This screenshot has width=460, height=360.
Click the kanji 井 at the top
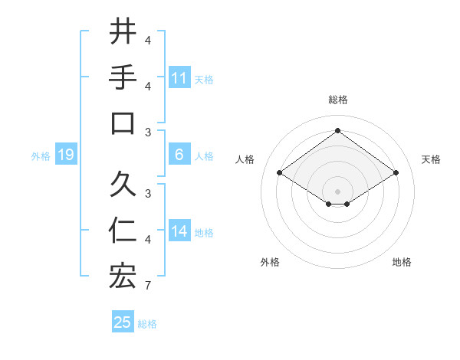pos(122,32)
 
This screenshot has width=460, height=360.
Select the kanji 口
pos(122,123)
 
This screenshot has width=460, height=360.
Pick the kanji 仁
pos(122,231)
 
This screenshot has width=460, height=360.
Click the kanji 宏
pos(122,277)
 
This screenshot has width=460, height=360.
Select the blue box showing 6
pos(179,155)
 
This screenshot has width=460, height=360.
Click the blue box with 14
pos(179,231)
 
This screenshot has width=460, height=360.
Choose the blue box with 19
pos(65,155)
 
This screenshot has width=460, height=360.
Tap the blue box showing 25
pos(123,322)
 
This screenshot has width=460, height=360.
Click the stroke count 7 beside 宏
pos(148,286)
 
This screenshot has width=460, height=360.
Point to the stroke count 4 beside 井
pos(148,40)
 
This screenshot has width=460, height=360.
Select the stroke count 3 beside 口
pos(148,132)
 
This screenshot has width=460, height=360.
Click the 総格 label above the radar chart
pos(337,100)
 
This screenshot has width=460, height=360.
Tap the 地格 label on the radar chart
pos(402,262)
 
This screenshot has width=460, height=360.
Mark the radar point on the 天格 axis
pos(396,173)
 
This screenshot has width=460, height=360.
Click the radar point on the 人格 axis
pos(280,173)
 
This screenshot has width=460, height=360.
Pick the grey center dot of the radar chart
pos(337,190)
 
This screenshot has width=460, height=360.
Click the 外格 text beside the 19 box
pos(41,156)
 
